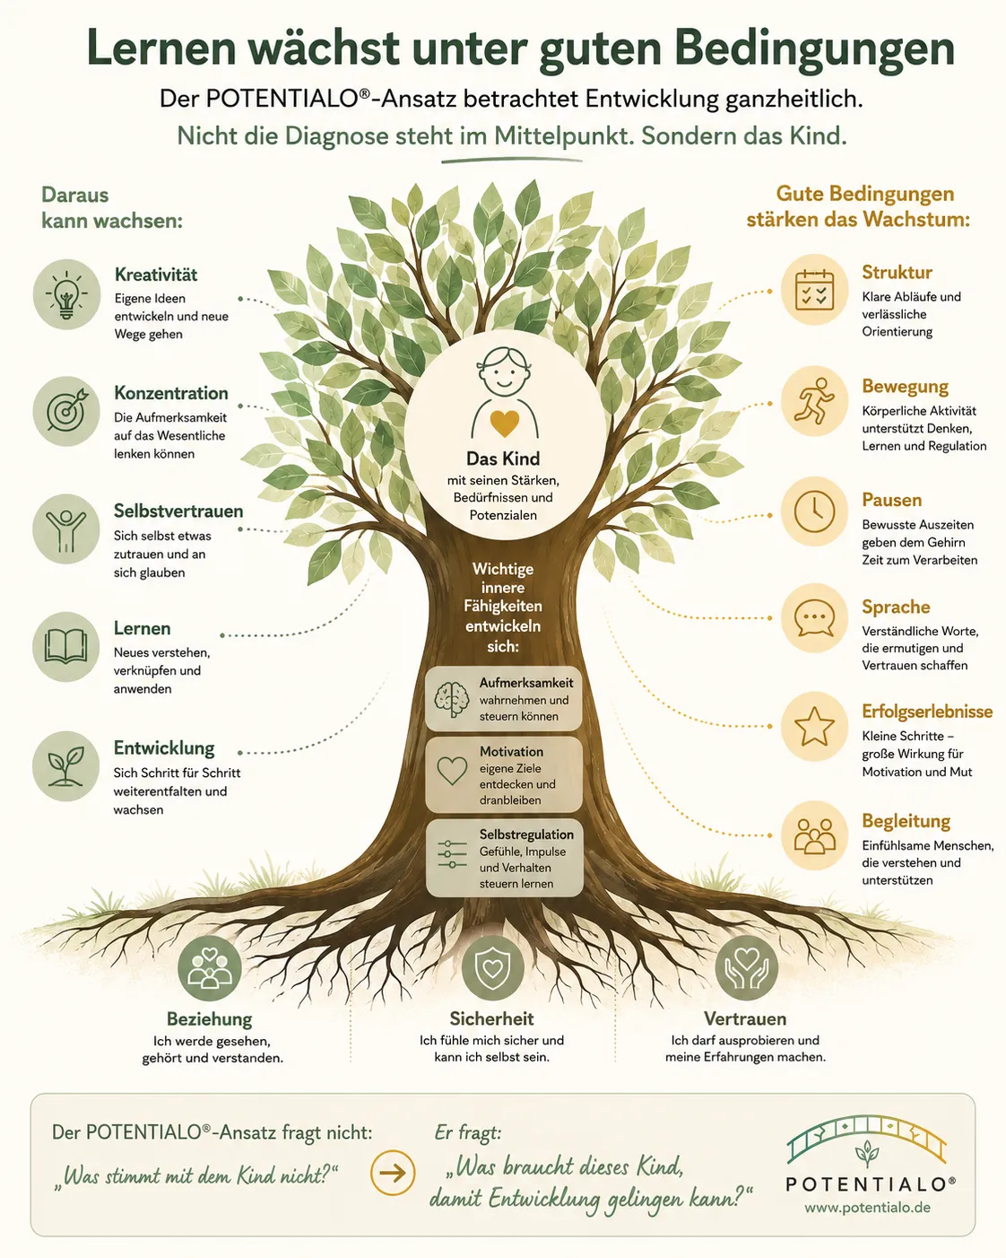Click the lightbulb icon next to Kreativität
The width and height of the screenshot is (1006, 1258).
pos(66,294)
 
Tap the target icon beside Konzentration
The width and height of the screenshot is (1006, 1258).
pos(66,411)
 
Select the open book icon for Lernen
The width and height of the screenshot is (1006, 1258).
pos(66,647)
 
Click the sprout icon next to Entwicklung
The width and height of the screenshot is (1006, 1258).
pos(66,765)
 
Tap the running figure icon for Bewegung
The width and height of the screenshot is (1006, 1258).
pos(814,401)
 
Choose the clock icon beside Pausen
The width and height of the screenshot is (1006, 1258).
pos(814,511)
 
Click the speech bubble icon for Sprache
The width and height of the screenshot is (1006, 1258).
pos(814,618)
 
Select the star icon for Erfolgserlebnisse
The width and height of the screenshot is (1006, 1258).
pos(814,726)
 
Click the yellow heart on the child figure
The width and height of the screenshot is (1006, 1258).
pos(504,423)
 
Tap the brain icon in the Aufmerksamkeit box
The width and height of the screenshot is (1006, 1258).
pos(452,699)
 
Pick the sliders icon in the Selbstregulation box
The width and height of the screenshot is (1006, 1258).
pos(452,854)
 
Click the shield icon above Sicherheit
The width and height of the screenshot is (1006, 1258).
pos(492,967)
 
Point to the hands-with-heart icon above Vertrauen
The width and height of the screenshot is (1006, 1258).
pos(746,968)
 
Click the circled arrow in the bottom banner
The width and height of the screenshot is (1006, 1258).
pos(393,1173)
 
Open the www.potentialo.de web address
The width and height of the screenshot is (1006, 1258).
pos(867,1208)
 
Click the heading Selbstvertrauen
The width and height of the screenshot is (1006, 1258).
pos(178,511)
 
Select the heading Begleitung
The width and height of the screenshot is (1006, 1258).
pos(906,821)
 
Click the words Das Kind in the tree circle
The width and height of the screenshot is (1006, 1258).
pos(503,459)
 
